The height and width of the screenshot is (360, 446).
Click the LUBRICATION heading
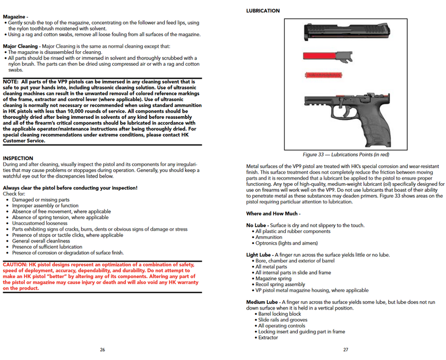263,11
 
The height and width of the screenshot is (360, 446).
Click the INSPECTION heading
18,158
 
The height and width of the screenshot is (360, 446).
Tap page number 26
103,350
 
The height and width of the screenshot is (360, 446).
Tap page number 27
346,350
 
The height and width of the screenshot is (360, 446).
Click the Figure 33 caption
346,155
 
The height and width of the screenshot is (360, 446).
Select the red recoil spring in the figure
323,75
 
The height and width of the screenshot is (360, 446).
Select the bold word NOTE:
13,81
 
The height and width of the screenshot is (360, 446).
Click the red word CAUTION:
18,265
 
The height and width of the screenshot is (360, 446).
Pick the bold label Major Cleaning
21,46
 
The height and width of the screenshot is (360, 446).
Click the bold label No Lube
257,225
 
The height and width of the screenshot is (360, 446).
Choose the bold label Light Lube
258,255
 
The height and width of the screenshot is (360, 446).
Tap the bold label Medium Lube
262,302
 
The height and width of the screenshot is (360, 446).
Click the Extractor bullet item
268,337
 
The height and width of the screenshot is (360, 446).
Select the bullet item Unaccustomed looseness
40,223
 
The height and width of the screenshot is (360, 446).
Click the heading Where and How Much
273,214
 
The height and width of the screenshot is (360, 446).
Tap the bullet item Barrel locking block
279,314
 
